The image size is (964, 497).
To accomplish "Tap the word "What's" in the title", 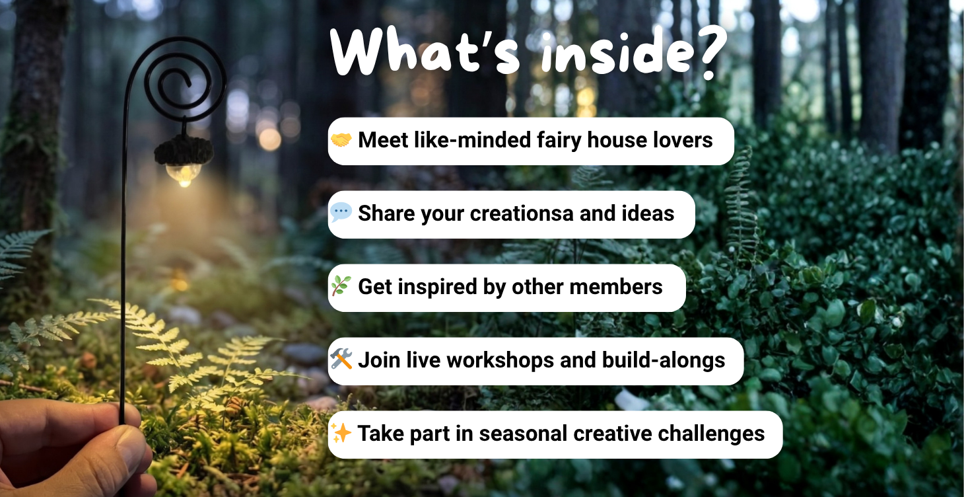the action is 425,51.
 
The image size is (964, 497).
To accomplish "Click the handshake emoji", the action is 341,140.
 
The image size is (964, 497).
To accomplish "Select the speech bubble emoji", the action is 341,213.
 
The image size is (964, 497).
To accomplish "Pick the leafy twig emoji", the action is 341,286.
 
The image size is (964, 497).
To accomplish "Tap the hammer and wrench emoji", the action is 341,359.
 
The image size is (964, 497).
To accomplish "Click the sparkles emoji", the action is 341,433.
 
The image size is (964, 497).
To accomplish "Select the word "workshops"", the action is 500,360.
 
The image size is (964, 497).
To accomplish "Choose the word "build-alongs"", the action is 664,360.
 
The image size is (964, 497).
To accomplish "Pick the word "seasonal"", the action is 524,434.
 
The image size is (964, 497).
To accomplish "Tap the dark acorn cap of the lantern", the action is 184,151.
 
